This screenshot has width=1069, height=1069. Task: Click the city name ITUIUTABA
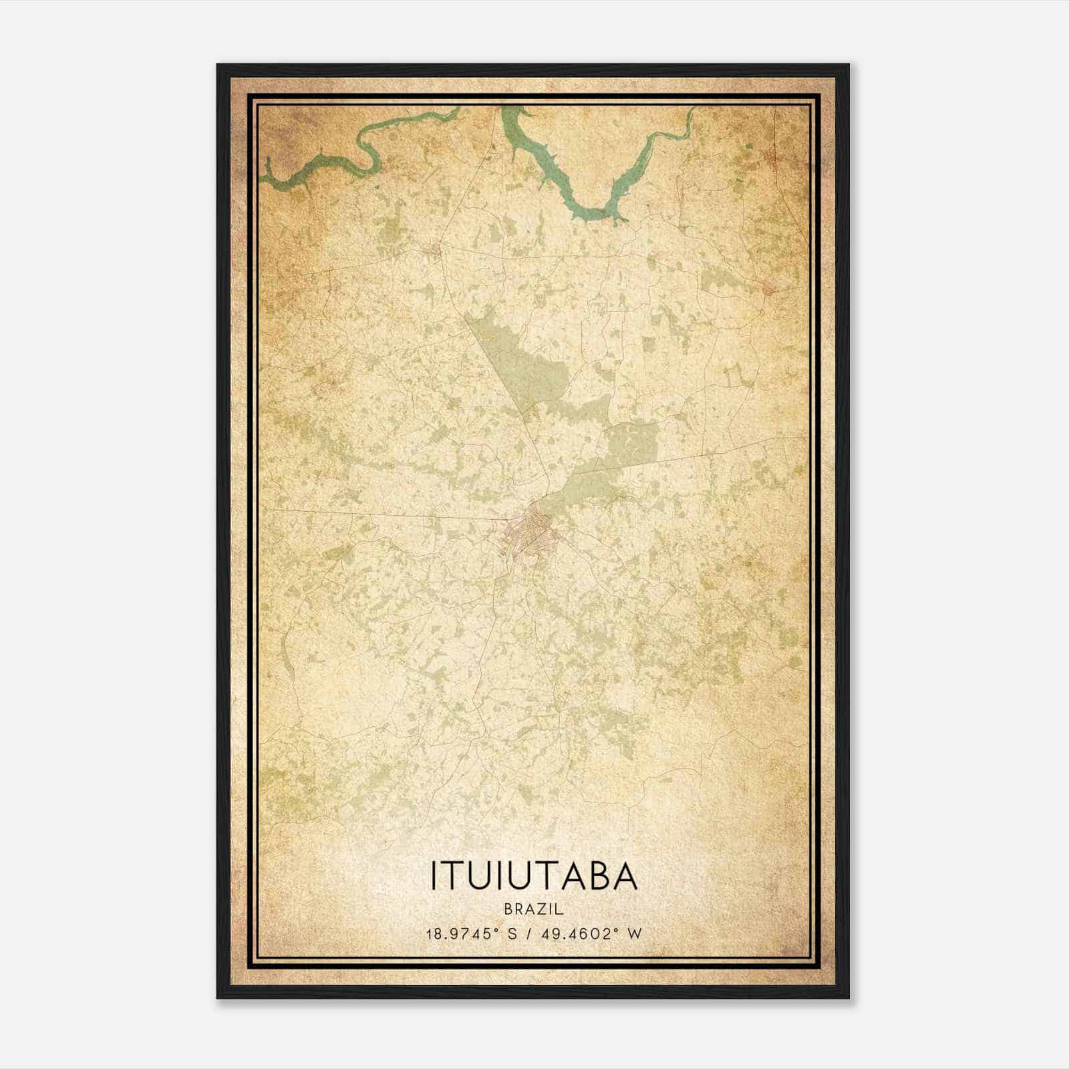point(534,877)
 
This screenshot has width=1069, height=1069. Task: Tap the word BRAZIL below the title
point(534,909)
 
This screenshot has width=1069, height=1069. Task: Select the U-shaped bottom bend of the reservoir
point(595,214)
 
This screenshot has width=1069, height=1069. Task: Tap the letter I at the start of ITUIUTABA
point(434,877)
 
